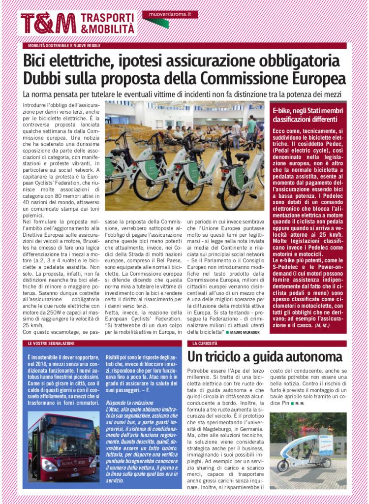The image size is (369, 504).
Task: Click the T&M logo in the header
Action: click(48, 23)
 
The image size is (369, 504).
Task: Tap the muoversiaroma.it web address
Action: click(170, 14)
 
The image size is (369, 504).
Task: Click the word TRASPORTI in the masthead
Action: click(107, 18)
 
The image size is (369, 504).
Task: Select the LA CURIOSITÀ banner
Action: click(204, 343)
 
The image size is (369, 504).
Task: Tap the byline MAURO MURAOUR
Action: click(246, 333)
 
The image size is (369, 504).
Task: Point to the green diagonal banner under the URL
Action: click(156, 22)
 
